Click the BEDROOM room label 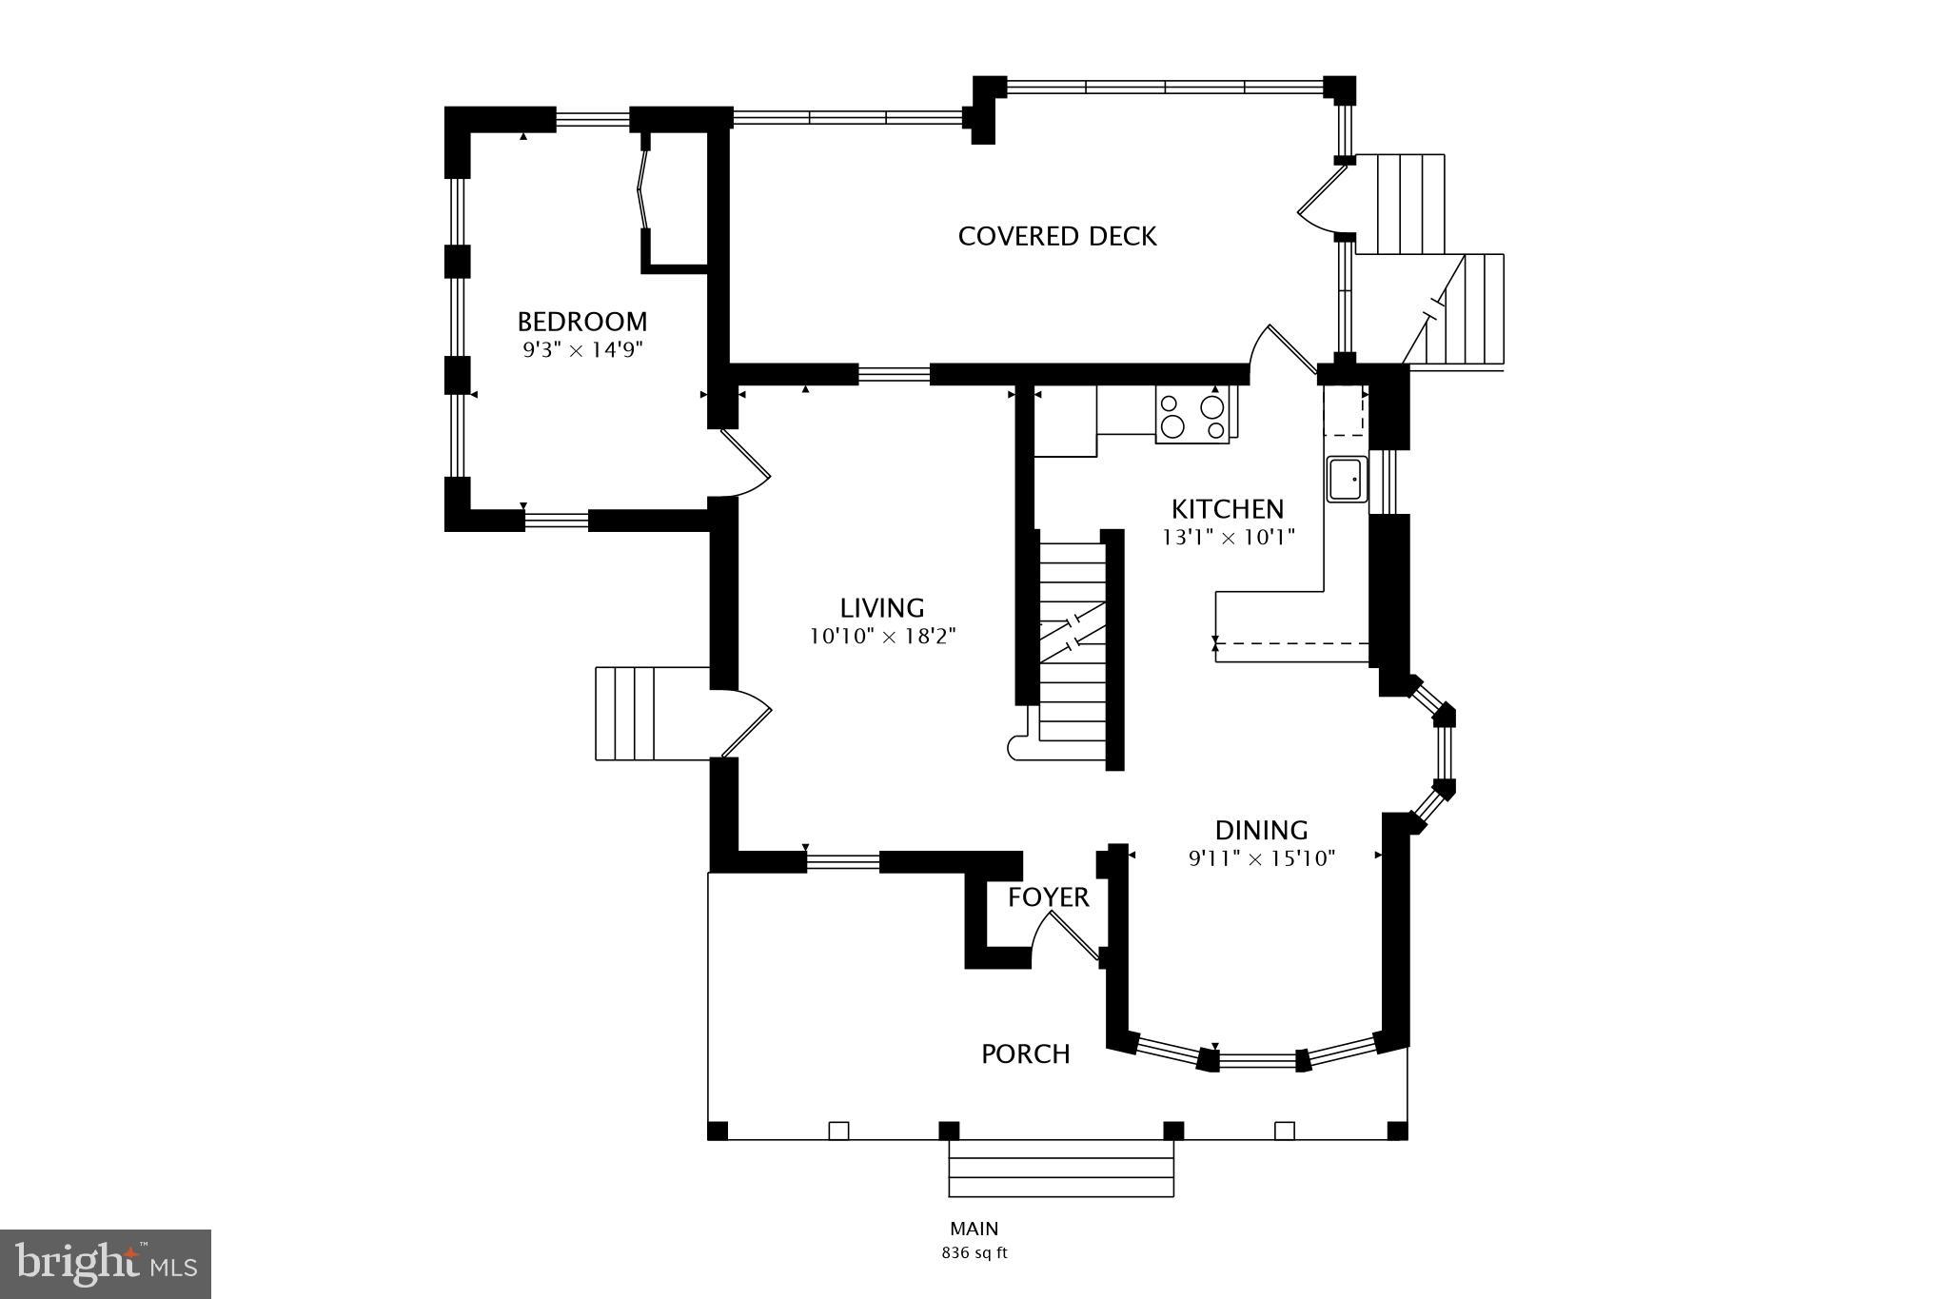(582, 321)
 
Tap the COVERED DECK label (1057, 236)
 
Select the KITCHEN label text (1228, 509)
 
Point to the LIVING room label (882, 607)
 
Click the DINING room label (1261, 830)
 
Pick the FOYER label (1049, 897)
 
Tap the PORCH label (1026, 1053)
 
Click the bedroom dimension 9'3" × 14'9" (582, 349)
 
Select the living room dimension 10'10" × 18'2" (882, 636)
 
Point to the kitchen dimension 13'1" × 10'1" (1228, 538)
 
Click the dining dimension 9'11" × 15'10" (1261, 858)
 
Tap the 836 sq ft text (974, 1253)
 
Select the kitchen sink (1347, 479)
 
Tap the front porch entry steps (1061, 1168)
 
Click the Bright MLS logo (106, 1264)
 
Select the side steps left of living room (653, 713)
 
